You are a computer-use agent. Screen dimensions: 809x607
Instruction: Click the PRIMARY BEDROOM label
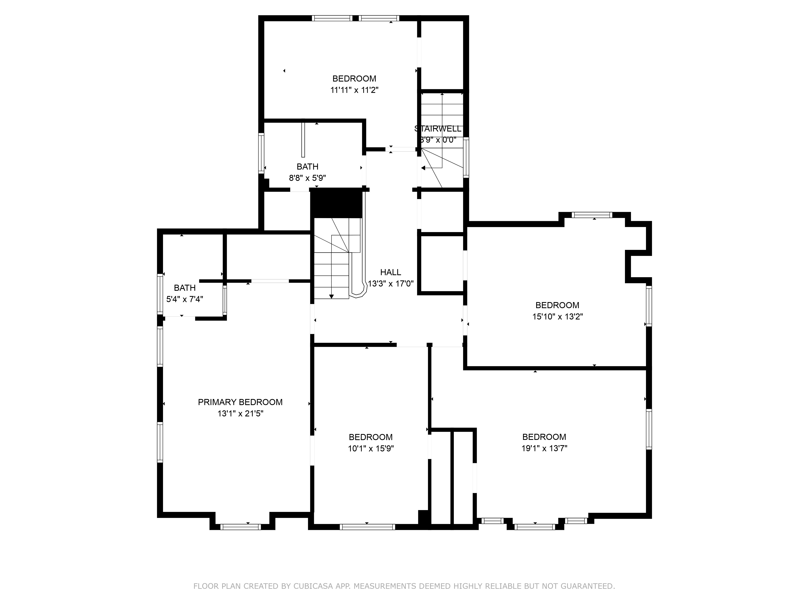[240, 402]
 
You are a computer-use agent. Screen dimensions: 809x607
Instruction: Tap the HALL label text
[391, 272]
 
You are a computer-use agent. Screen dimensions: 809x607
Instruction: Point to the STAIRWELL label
[438, 129]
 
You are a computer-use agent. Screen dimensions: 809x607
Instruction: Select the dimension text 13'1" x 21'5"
[240, 413]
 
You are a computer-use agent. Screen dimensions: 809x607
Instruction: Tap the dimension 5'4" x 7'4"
[185, 299]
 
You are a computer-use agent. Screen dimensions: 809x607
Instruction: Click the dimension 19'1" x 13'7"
[544, 448]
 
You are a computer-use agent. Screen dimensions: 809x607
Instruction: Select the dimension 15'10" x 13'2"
[557, 316]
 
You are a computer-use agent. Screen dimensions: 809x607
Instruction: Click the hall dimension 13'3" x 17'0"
[391, 283]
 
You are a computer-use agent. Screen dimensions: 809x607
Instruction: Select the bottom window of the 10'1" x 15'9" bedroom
[367, 527]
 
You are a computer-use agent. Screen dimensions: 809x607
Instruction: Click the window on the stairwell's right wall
[466, 158]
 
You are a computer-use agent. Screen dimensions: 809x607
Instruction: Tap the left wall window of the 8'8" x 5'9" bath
[261, 153]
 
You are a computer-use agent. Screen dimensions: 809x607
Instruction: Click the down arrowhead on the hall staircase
[331, 296]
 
